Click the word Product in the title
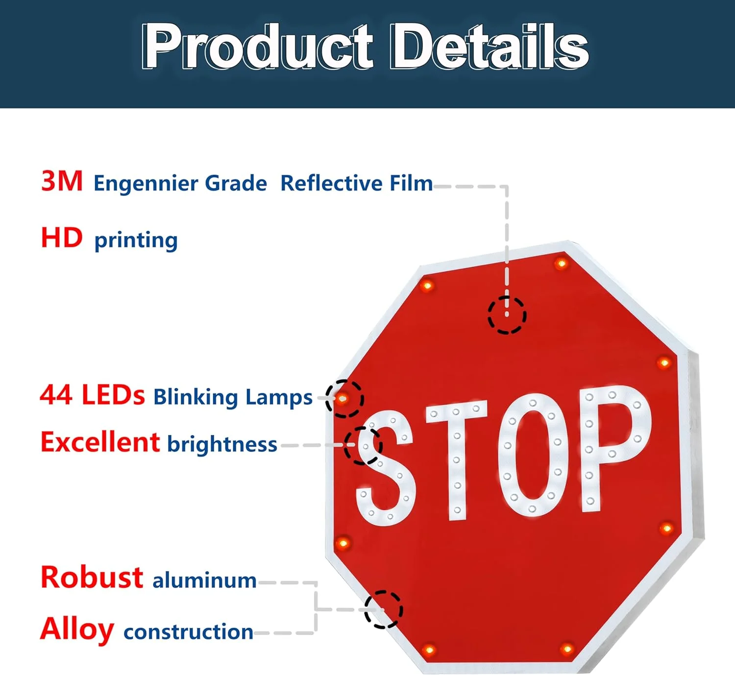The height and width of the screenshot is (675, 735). (x=257, y=46)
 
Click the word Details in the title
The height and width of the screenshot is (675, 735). (x=489, y=46)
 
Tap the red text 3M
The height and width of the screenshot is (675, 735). (x=62, y=181)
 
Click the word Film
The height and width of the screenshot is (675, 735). (x=411, y=183)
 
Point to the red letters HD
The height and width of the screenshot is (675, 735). (x=62, y=238)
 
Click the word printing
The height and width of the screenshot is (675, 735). (x=136, y=241)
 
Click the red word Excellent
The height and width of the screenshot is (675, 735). (x=100, y=442)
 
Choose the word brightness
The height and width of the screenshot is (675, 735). (x=222, y=444)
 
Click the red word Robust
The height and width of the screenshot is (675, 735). (x=92, y=577)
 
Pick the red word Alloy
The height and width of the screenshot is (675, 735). (x=77, y=629)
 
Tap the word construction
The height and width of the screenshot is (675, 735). (x=188, y=632)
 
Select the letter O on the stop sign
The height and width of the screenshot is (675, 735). (x=533, y=455)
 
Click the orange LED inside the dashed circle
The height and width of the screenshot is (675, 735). (x=343, y=398)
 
